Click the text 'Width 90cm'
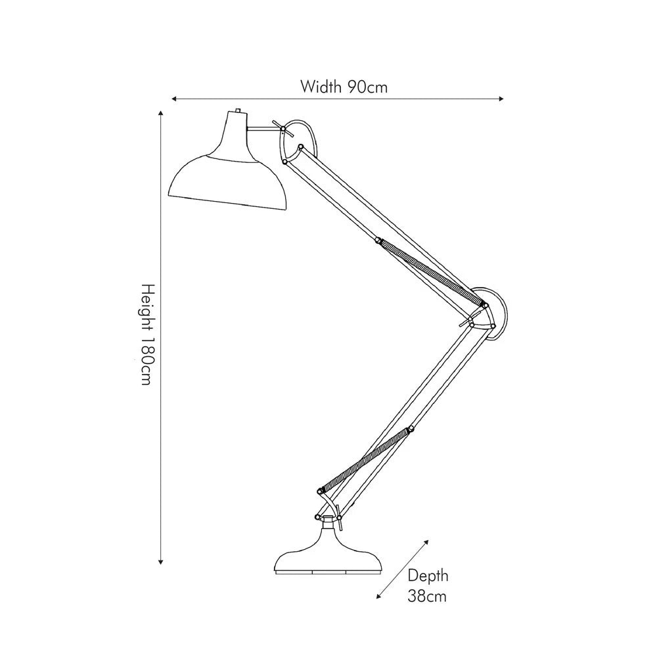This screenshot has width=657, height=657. pos(344,87)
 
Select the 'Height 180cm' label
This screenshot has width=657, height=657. pos(149,335)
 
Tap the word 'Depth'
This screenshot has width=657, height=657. pos(428,576)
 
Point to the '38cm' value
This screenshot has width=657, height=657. pos(428,597)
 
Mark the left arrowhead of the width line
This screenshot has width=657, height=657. pos(174,99)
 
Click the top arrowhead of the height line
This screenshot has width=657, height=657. pos(160,114)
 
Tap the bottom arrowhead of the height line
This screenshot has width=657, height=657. pos(160,561)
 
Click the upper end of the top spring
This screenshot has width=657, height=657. pos(378,242)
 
